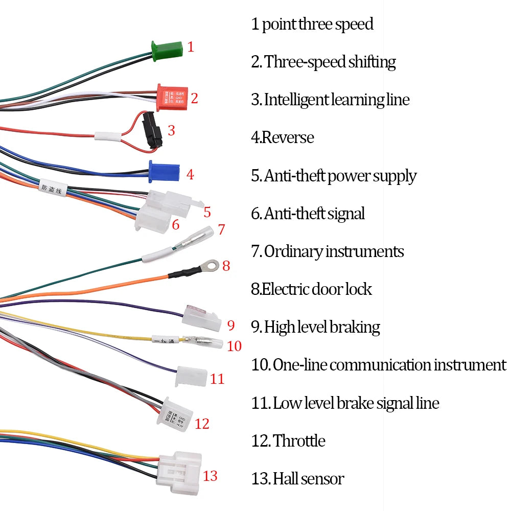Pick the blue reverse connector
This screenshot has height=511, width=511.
pos(163,172)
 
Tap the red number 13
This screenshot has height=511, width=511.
pos(210,476)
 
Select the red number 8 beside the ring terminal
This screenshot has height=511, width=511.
pos(226,266)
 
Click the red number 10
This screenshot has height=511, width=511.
pos(234,346)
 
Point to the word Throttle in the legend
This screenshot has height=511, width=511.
pos(299,440)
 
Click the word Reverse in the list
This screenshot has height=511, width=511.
pos(288,137)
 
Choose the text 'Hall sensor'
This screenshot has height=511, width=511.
pos(308,479)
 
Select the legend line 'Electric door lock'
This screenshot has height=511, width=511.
pos(312,289)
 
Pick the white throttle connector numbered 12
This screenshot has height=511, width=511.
pos(175,411)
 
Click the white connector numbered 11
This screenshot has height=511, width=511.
pos(191,377)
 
